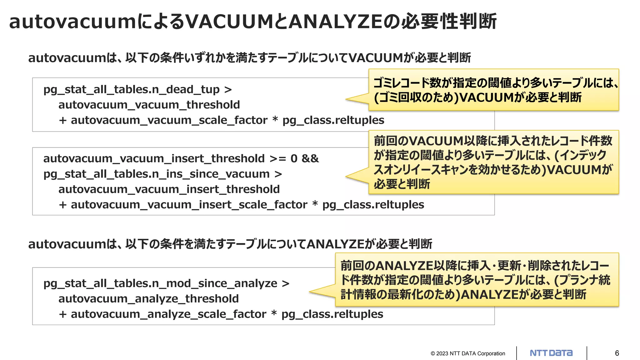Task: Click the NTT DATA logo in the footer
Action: (x=551, y=353)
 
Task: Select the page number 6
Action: (x=617, y=353)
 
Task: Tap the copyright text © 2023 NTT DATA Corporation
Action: (x=468, y=353)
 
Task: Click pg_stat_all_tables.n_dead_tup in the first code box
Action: (x=132, y=90)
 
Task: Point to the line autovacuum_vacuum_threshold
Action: (x=149, y=105)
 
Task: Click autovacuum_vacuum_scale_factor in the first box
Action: (x=169, y=120)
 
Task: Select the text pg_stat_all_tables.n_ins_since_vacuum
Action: (x=156, y=174)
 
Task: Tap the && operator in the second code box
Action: (x=310, y=158)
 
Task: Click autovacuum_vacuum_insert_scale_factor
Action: (x=189, y=205)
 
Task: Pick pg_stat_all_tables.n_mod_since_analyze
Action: (x=160, y=283)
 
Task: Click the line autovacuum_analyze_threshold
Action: (x=148, y=299)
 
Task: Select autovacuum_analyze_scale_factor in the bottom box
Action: (x=168, y=314)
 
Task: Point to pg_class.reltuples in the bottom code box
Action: (x=332, y=314)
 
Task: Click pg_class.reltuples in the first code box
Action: (x=333, y=120)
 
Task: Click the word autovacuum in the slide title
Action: (x=72, y=22)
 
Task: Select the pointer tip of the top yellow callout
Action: (x=346, y=99)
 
